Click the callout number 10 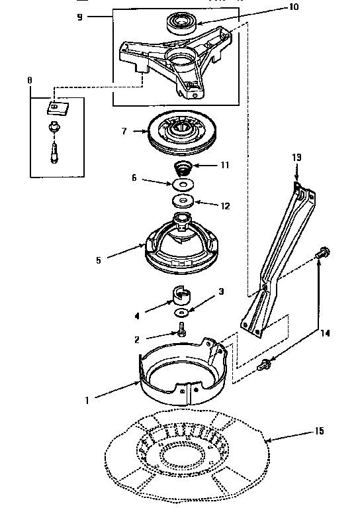pos(275,7)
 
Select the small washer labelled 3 pos(180,312)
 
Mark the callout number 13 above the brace pos(296,157)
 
